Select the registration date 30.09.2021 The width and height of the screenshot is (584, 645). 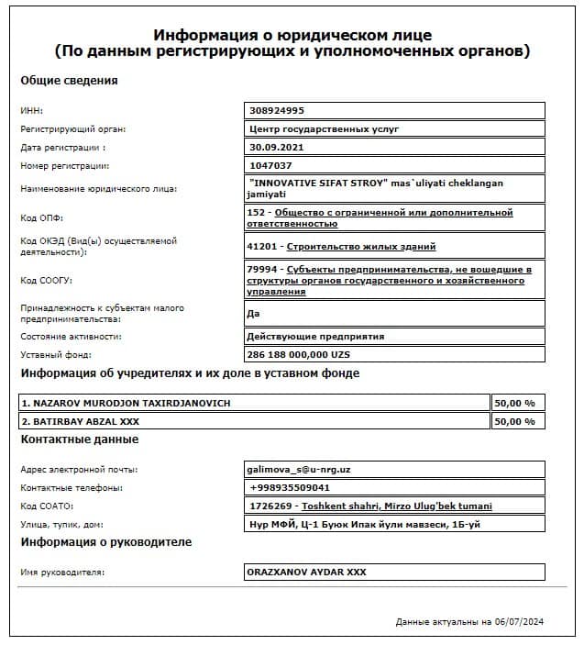point(276,147)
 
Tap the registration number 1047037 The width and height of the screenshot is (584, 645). point(270,165)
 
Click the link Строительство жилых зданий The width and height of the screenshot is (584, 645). point(361,246)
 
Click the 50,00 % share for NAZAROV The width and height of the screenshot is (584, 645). point(514,403)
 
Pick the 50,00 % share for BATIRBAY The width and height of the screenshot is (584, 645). point(514,421)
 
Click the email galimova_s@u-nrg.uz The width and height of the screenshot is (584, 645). point(299,469)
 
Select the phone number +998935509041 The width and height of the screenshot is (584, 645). point(290,487)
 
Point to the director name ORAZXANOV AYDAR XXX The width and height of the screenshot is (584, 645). point(306,572)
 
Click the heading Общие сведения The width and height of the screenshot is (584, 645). point(69,80)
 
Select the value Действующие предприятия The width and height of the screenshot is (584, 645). point(315,336)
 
